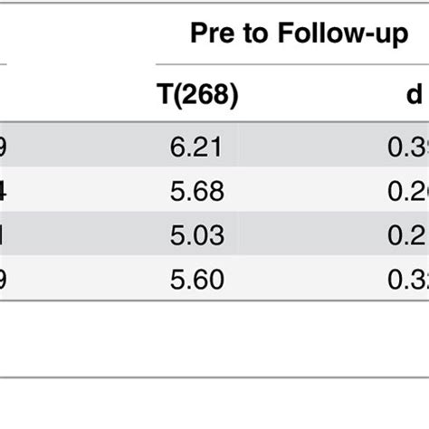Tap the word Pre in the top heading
click(x=211, y=34)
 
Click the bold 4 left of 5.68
click(x=5, y=192)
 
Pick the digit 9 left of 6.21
click(x=4, y=148)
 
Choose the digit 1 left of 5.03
click(x=3, y=235)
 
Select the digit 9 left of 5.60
click(x=4, y=279)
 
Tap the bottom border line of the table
click(x=214, y=378)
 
